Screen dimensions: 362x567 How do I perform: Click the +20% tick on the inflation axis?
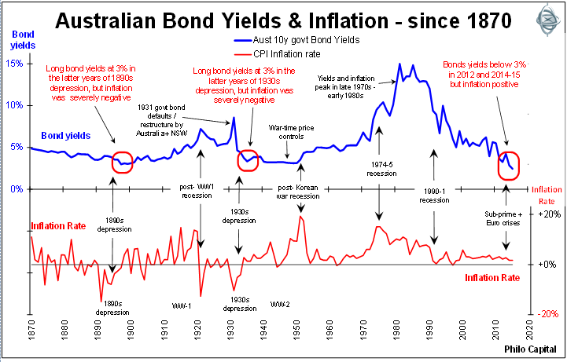(x=549, y=214)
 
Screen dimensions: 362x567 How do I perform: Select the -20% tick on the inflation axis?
(x=549, y=313)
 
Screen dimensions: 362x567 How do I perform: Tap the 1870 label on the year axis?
(x=31, y=334)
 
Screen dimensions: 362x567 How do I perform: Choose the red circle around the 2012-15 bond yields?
(x=508, y=164)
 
